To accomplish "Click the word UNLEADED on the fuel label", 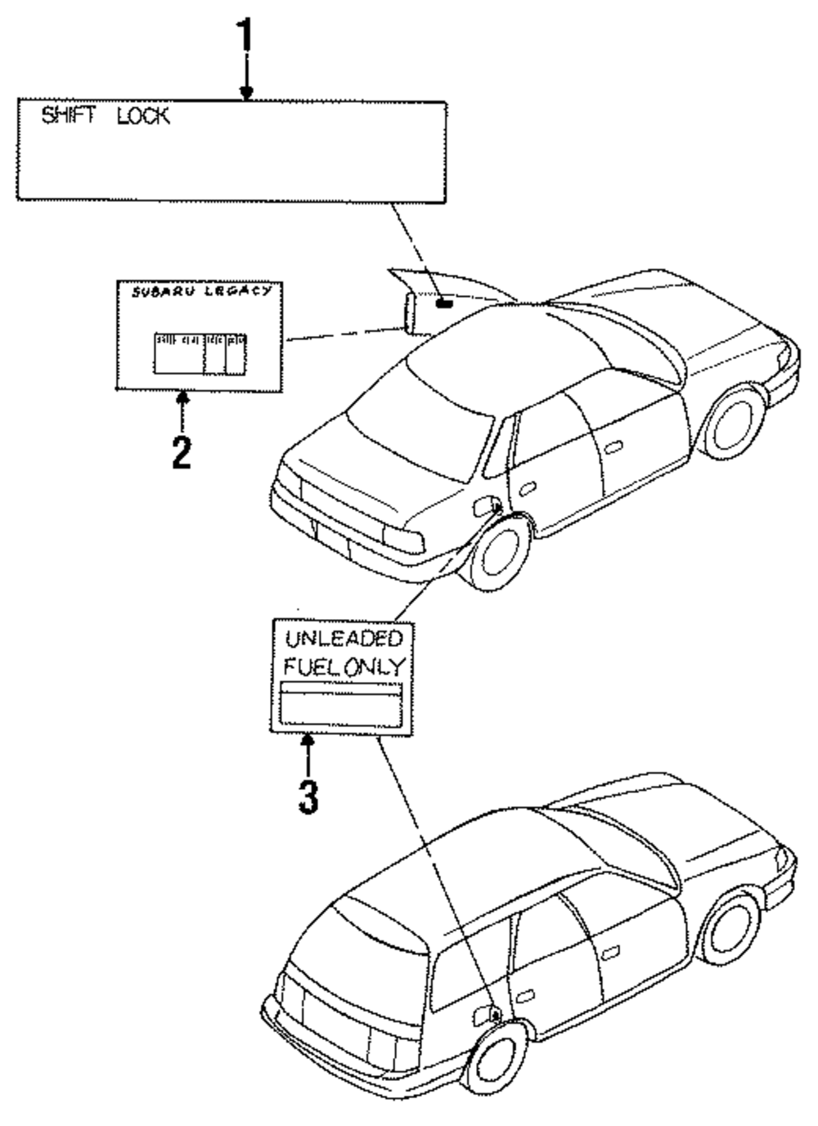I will [x=344, y=639].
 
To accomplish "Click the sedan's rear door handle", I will [x=527, y=487].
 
